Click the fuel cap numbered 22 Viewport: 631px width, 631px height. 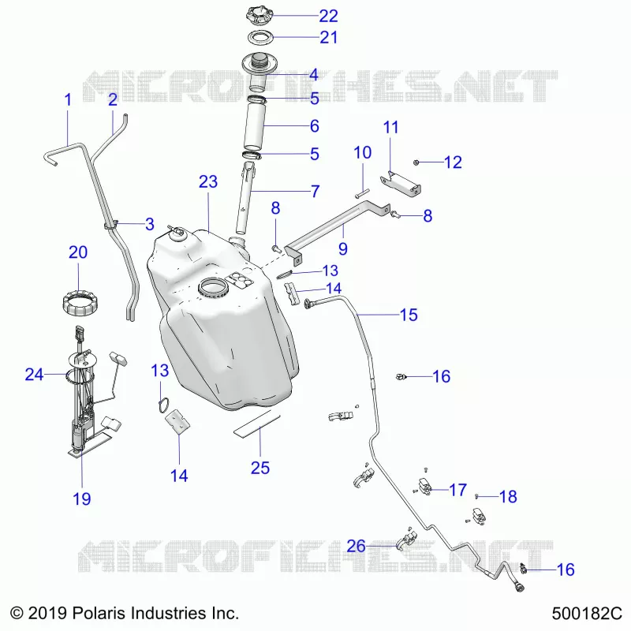[259, 15]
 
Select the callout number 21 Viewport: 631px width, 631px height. [328, 37]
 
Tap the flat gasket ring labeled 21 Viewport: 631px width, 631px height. [260, 37]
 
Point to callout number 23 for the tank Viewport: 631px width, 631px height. [208, 182]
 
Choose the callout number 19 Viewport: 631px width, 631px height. [82, 499]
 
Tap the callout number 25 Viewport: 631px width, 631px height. [260, 468]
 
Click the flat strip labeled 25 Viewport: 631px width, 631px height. [257, 424]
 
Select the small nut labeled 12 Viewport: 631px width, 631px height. [416, 162]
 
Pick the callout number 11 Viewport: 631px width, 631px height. [390, 127]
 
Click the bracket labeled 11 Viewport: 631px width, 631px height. [401, 184]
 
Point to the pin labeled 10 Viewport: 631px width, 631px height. [362, 193]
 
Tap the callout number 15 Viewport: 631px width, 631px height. [409, 315]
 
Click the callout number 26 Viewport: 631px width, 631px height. [357, 546]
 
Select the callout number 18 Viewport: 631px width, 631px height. [508, 497]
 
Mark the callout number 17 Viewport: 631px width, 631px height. [457, 490]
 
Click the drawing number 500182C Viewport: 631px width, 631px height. [587, 614]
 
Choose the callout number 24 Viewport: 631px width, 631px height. [34, 375]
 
